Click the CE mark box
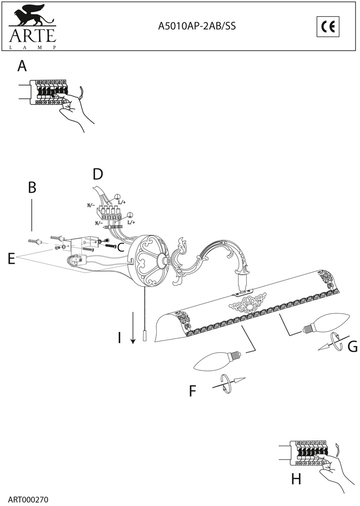(328, 27)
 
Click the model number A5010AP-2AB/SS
(197, 27)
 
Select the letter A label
(22, 66)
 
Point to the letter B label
(32, 187)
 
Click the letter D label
(98, 175)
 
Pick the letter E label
(11, 259)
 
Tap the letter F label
(192, 391)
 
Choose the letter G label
(353, 347)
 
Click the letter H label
(296, 478)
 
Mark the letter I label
(119, 338)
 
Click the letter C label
(120, 247)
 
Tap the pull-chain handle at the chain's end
(145, 336)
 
